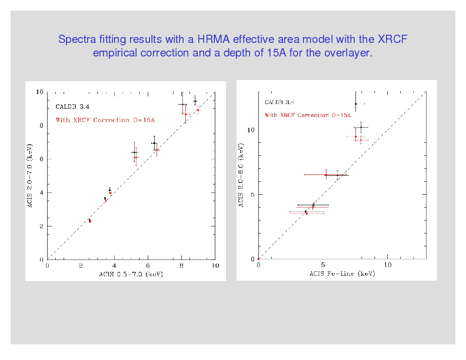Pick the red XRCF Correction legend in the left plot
pos(105,120)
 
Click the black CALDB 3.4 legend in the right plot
pos(279,102)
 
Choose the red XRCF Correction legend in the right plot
pos(308,115)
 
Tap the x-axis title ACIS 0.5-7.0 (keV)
pos(131,274)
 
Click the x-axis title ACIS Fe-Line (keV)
pos(342,274)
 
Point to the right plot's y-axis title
pos(241,175)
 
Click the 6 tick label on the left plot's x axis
pos(148,266)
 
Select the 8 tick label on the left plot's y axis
pos(41,125)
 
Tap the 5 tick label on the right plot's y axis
pos(251,194)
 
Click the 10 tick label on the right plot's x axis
pos(387,265)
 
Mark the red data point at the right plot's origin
pos(258,259)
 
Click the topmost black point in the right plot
pos(355,104)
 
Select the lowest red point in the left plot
pos(90,222)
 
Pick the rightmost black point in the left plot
pos(195,101)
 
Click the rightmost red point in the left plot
pos(198,110)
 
